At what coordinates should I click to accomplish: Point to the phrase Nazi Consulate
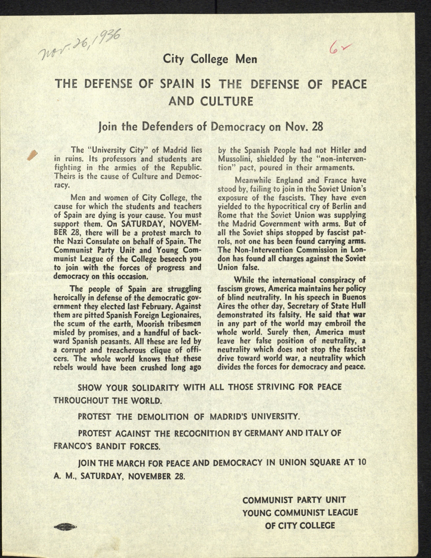pyautogui.click(x=91, y=241)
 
